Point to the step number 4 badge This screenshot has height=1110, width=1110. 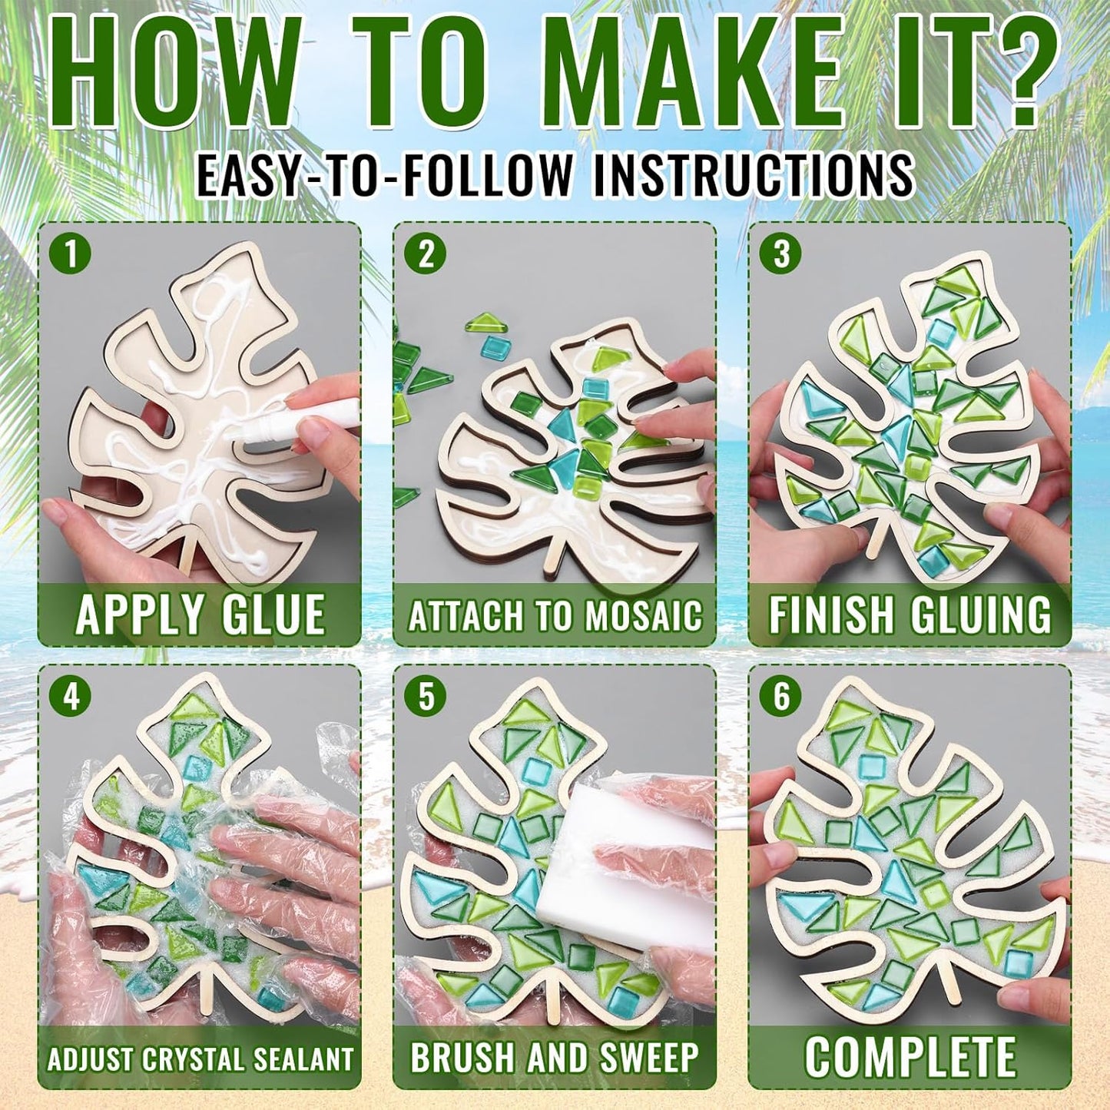point(71,697)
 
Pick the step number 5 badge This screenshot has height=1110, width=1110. point(426,697)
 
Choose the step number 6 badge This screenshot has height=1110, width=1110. point(781,697)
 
